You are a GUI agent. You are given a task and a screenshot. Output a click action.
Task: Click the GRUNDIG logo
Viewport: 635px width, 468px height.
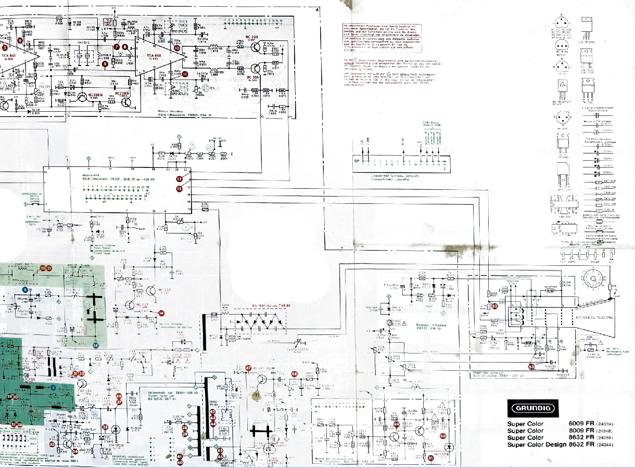[532, 408]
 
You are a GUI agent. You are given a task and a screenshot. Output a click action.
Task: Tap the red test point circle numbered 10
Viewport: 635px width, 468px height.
[177, 48]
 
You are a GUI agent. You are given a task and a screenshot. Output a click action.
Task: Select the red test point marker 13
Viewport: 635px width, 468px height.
[179, 179]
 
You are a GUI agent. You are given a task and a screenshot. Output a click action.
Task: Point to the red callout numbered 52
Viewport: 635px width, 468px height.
[495, 306]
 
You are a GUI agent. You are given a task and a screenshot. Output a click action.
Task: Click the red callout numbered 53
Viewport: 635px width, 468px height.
[531, 366]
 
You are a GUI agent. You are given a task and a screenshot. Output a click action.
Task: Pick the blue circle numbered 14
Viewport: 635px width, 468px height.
[95, 345]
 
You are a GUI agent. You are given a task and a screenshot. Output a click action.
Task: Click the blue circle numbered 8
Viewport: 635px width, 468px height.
[24, 289]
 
